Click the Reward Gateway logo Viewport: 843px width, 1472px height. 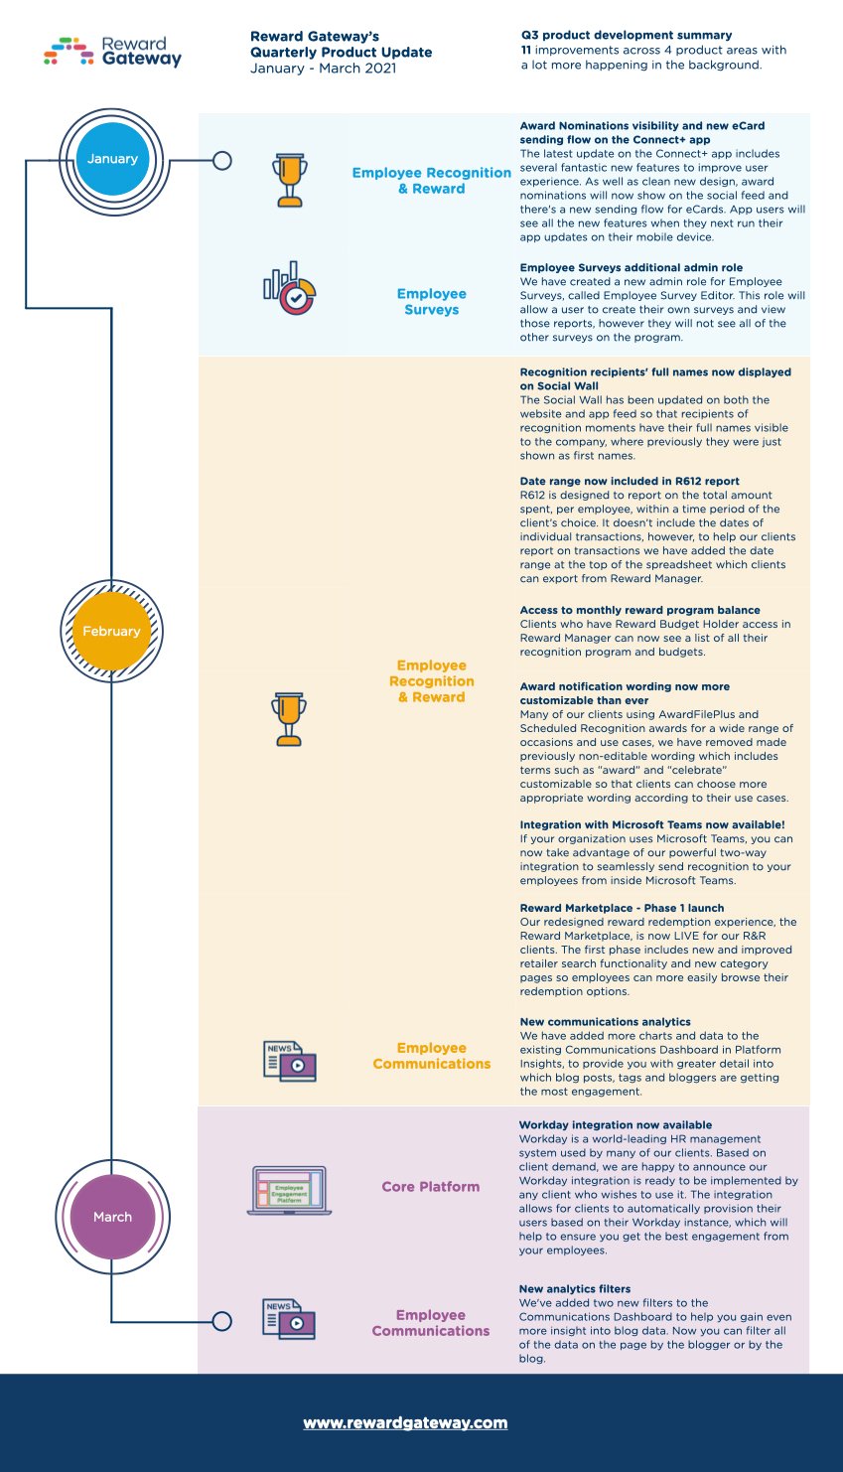(x=113, y=52)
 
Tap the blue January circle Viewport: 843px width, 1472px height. (x=112, y=159)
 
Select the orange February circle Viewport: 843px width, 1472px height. (x=111, y=632)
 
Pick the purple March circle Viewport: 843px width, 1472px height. (x=112, y=1217)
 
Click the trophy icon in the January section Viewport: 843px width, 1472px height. (x=290, y=180)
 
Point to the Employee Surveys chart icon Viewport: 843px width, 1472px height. (x=289, y=289)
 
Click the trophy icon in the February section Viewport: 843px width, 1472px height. (x=289, y=718)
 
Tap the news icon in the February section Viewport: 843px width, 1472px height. (x=290, y=1061)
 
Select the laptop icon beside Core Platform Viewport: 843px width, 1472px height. (x=289, y=1190)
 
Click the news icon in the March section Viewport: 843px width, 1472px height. (x=289, y=1319)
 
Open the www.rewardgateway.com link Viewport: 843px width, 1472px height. (x=405, y=1423)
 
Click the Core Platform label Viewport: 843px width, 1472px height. (x=431, y=1187)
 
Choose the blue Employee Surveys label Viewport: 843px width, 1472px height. (x=432, y=302)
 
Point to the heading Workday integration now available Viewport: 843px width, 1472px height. (x=616, y=1125)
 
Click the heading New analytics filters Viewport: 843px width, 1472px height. (x=575, y=1289)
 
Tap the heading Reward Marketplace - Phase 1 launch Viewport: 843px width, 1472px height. (x=622, y=908)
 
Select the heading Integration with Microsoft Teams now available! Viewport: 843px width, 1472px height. (x=652, y=824)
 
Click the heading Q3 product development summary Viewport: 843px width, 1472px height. (x=627, y=36)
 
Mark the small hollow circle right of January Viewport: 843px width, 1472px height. (x=222, y=160)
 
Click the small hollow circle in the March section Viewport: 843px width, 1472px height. (x=222, y=1321)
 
